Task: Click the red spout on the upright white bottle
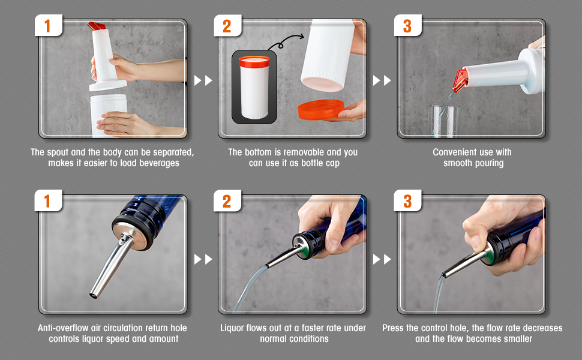point(96,26)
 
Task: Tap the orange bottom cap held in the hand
point(321,109)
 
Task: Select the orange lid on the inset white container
point(254,61)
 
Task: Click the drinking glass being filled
point(443,121)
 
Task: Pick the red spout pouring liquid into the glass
point(460,80)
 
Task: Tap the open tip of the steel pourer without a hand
point(93,296)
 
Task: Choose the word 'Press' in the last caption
point(393,328)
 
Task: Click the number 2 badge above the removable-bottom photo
point(227,26)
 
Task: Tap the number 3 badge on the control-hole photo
point(407,201)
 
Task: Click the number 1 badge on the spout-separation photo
point(48,26)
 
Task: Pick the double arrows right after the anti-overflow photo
point(203,259)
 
